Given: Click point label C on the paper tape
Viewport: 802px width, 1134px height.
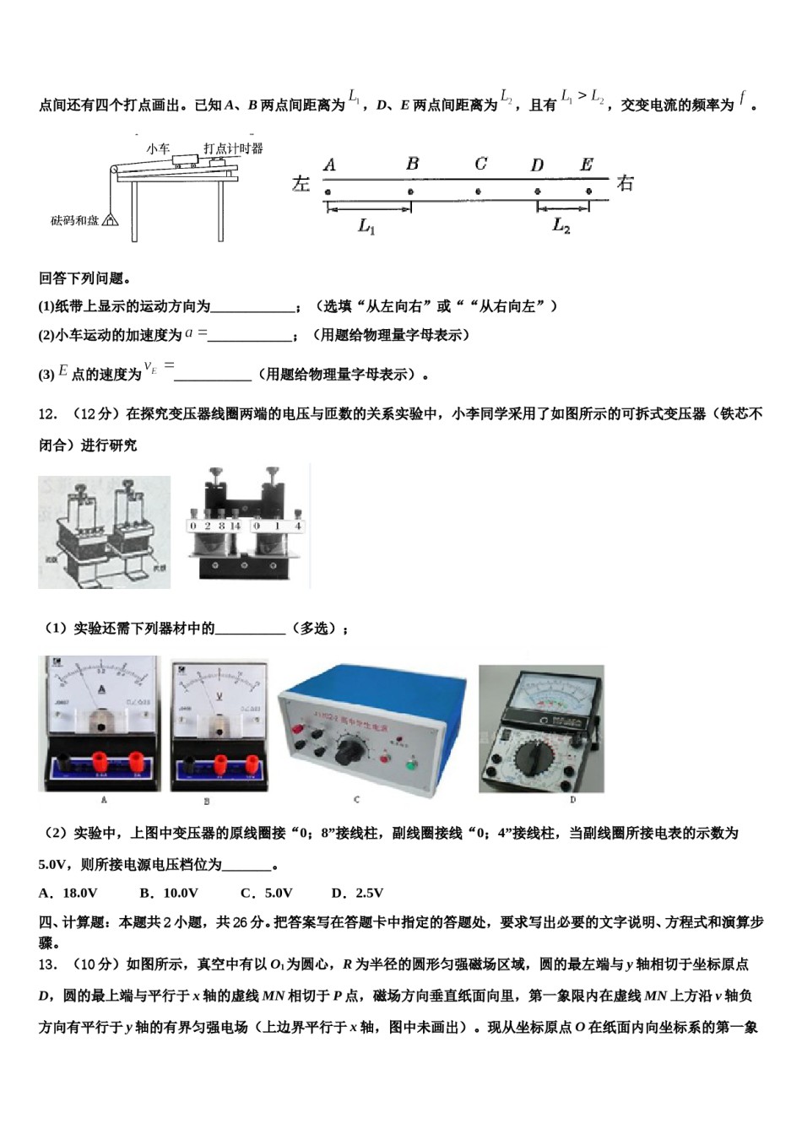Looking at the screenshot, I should tap(480, 164).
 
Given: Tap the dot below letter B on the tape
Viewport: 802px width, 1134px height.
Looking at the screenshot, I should tap(410, 192).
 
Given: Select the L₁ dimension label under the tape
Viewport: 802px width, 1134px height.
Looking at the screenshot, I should tap(366, 226).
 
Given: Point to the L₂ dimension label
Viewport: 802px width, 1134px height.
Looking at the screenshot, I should tap(561, 225).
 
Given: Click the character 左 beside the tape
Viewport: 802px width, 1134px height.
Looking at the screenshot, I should tap(301, 183).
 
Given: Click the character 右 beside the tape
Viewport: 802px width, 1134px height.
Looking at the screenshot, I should tap(625, 182).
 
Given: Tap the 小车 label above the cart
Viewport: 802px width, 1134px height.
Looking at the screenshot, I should tap(158, 148).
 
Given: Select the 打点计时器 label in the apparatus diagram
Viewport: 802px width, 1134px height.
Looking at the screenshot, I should tap(233, 148).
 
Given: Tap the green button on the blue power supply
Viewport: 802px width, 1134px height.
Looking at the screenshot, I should tap(411, 765).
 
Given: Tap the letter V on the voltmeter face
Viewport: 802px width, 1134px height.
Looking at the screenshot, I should tap(219, 697).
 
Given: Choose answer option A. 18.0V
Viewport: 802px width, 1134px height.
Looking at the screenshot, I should tap(68, 893).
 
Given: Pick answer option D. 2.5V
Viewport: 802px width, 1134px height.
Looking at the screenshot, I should tap(357, 893).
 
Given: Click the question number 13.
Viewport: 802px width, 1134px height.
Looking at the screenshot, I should tap(48, 964).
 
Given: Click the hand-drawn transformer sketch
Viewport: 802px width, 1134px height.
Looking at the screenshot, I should tap(104, 532).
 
